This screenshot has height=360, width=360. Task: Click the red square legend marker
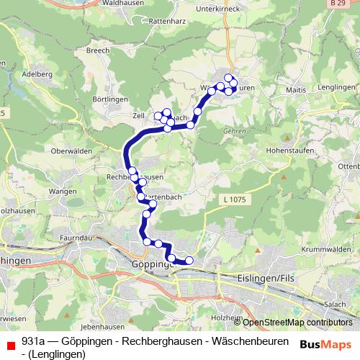9,346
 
